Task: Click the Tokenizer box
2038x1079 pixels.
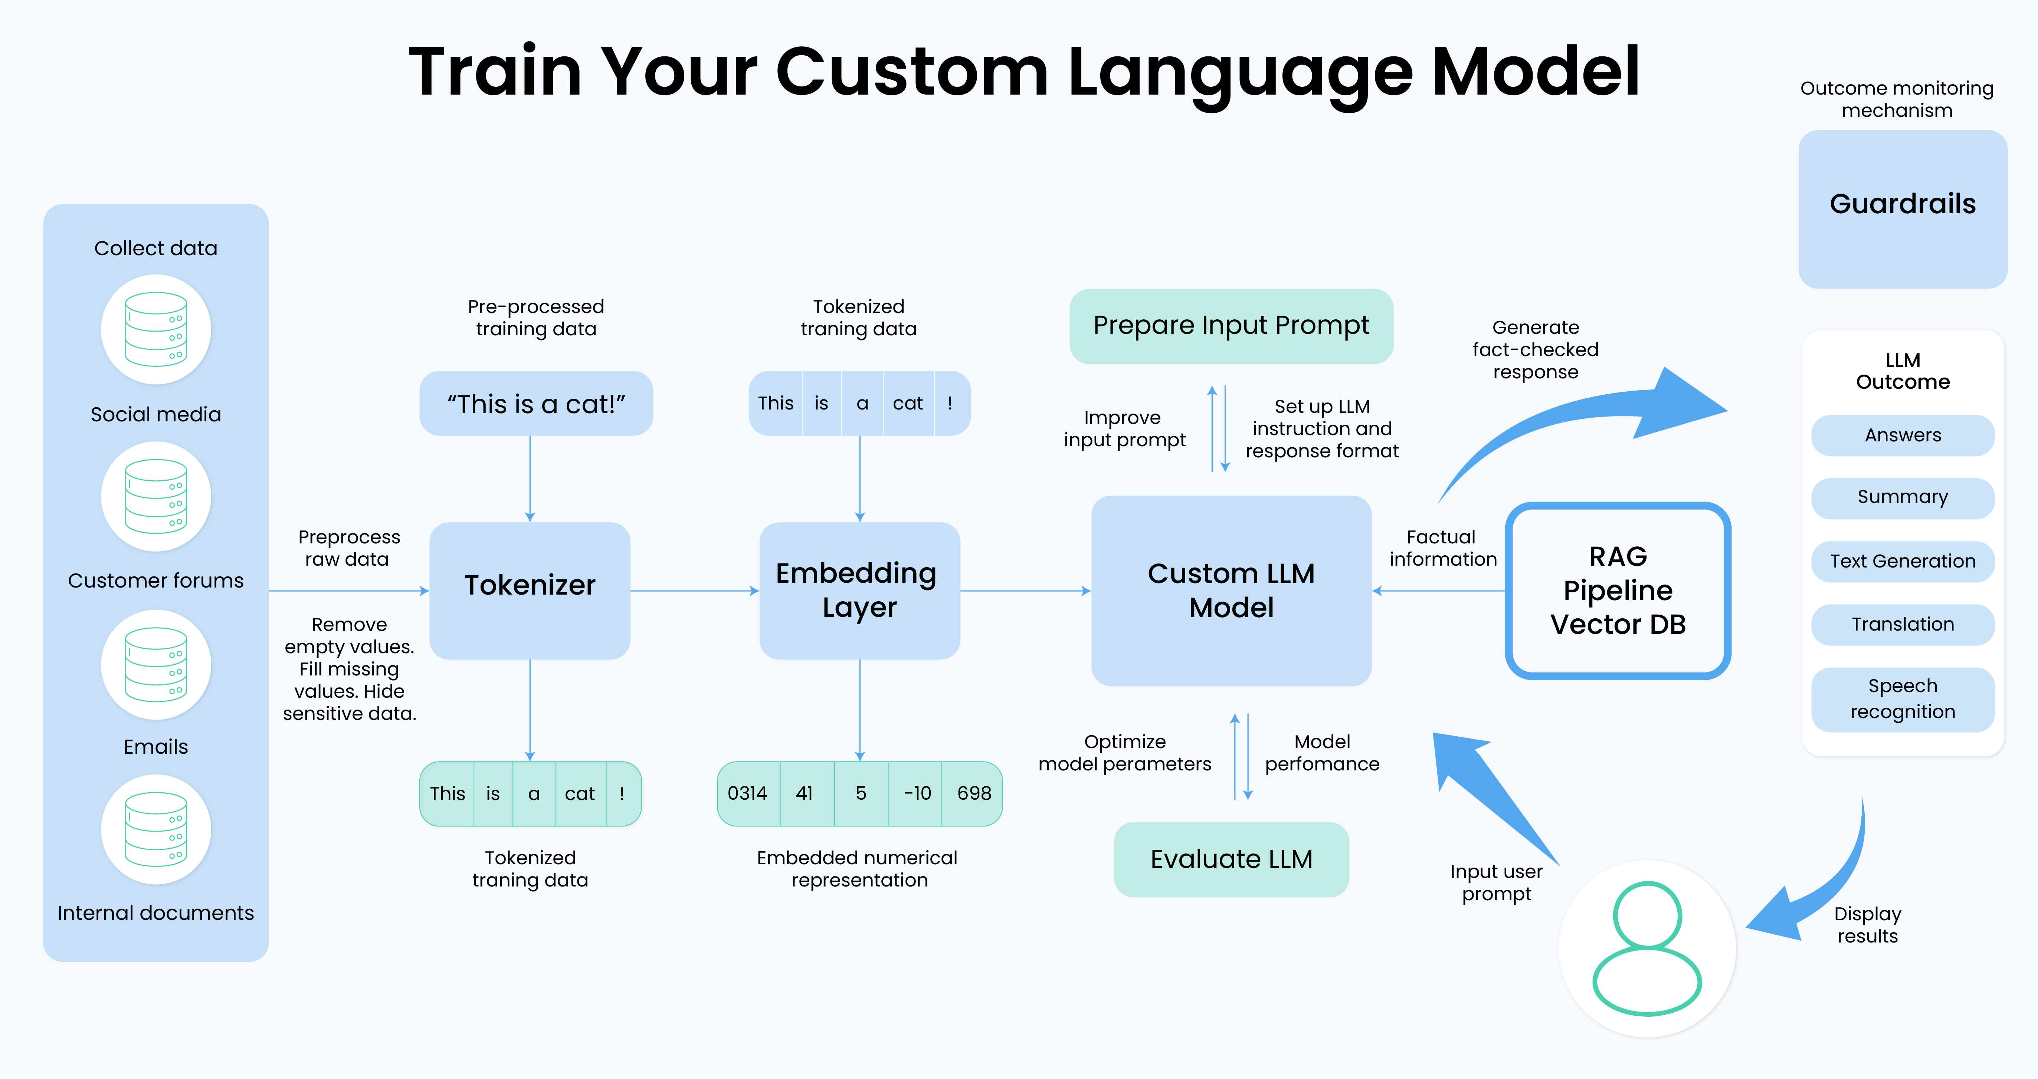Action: [529, 590]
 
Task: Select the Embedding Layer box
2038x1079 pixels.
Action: [859, 590]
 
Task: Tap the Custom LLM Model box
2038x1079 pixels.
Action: [1231, 590]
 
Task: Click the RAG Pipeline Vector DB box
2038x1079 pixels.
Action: [1618, 590]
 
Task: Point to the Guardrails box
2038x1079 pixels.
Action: [1903, 209]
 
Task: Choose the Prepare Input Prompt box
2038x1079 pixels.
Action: [1231, 326]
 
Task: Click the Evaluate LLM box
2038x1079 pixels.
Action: [1231, 859]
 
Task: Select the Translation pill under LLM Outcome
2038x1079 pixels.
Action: [1903, 624]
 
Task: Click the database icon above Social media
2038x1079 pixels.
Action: [156, 329]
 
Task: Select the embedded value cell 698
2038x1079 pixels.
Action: [973, 793]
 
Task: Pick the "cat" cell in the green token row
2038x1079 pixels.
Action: [580, 793]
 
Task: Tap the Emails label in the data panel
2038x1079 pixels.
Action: [156, 747]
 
